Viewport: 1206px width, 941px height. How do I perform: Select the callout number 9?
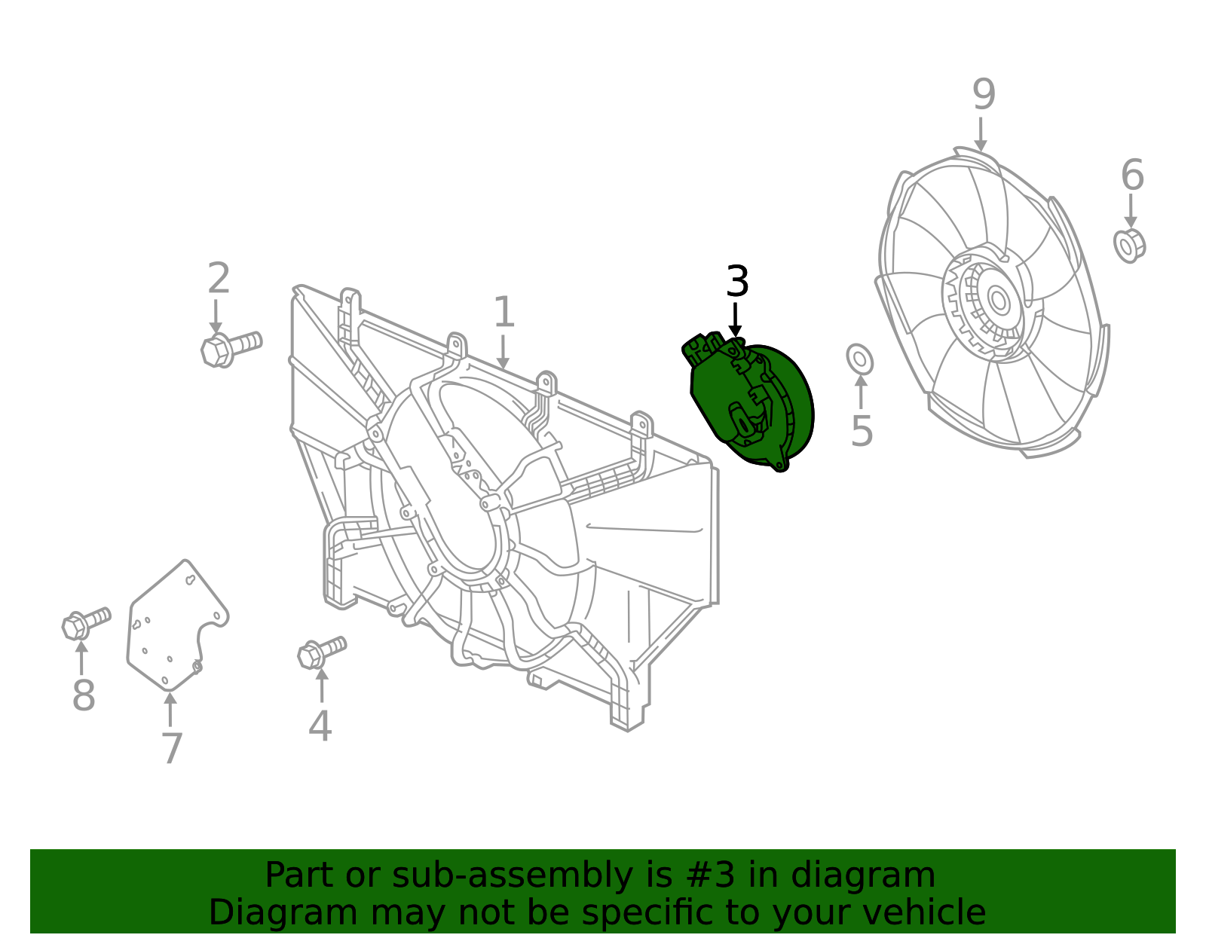984,95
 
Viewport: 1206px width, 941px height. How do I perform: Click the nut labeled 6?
1129,245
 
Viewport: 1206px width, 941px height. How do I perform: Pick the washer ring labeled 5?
860,359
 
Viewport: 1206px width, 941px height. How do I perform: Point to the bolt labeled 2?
230,347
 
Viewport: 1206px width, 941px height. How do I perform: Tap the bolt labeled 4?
321,652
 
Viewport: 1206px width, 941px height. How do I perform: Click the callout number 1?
504,313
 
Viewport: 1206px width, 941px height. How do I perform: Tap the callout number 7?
172,748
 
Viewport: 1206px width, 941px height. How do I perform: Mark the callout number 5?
862,431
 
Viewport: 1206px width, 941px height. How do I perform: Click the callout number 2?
219,279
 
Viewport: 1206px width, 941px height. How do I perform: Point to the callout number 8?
84,695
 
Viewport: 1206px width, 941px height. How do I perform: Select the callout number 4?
320,726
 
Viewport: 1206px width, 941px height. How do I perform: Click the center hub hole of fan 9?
999,301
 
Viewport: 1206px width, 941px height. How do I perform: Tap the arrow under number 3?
735,319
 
